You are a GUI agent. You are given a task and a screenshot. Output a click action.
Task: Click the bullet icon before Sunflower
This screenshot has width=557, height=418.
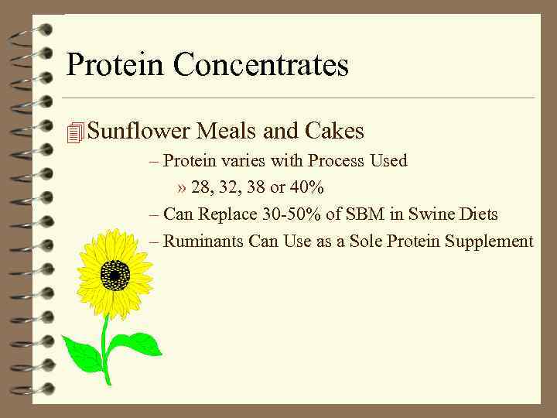pyautogui.click(x=75, y=132)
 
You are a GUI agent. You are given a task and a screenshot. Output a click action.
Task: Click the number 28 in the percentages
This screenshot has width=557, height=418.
pyautogui.click(x=210, y=188)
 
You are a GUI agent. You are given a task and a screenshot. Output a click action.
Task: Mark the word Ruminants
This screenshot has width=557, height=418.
pyautogui.click(x=203, y=242)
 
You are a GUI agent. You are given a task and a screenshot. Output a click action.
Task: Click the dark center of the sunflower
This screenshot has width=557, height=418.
pyautogui.click(x=115, y=275)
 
